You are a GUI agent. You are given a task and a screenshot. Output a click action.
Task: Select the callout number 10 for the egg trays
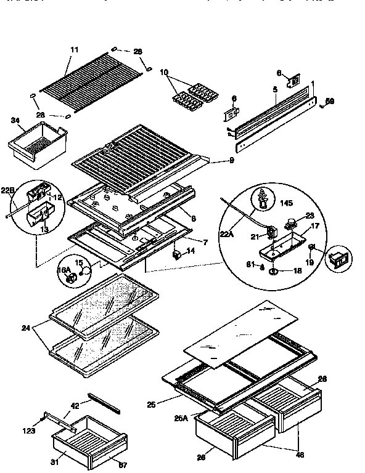[163, 72]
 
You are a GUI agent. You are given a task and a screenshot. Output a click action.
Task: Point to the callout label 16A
[64, 270]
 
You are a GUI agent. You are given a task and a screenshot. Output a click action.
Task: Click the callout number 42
[75, 405]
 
